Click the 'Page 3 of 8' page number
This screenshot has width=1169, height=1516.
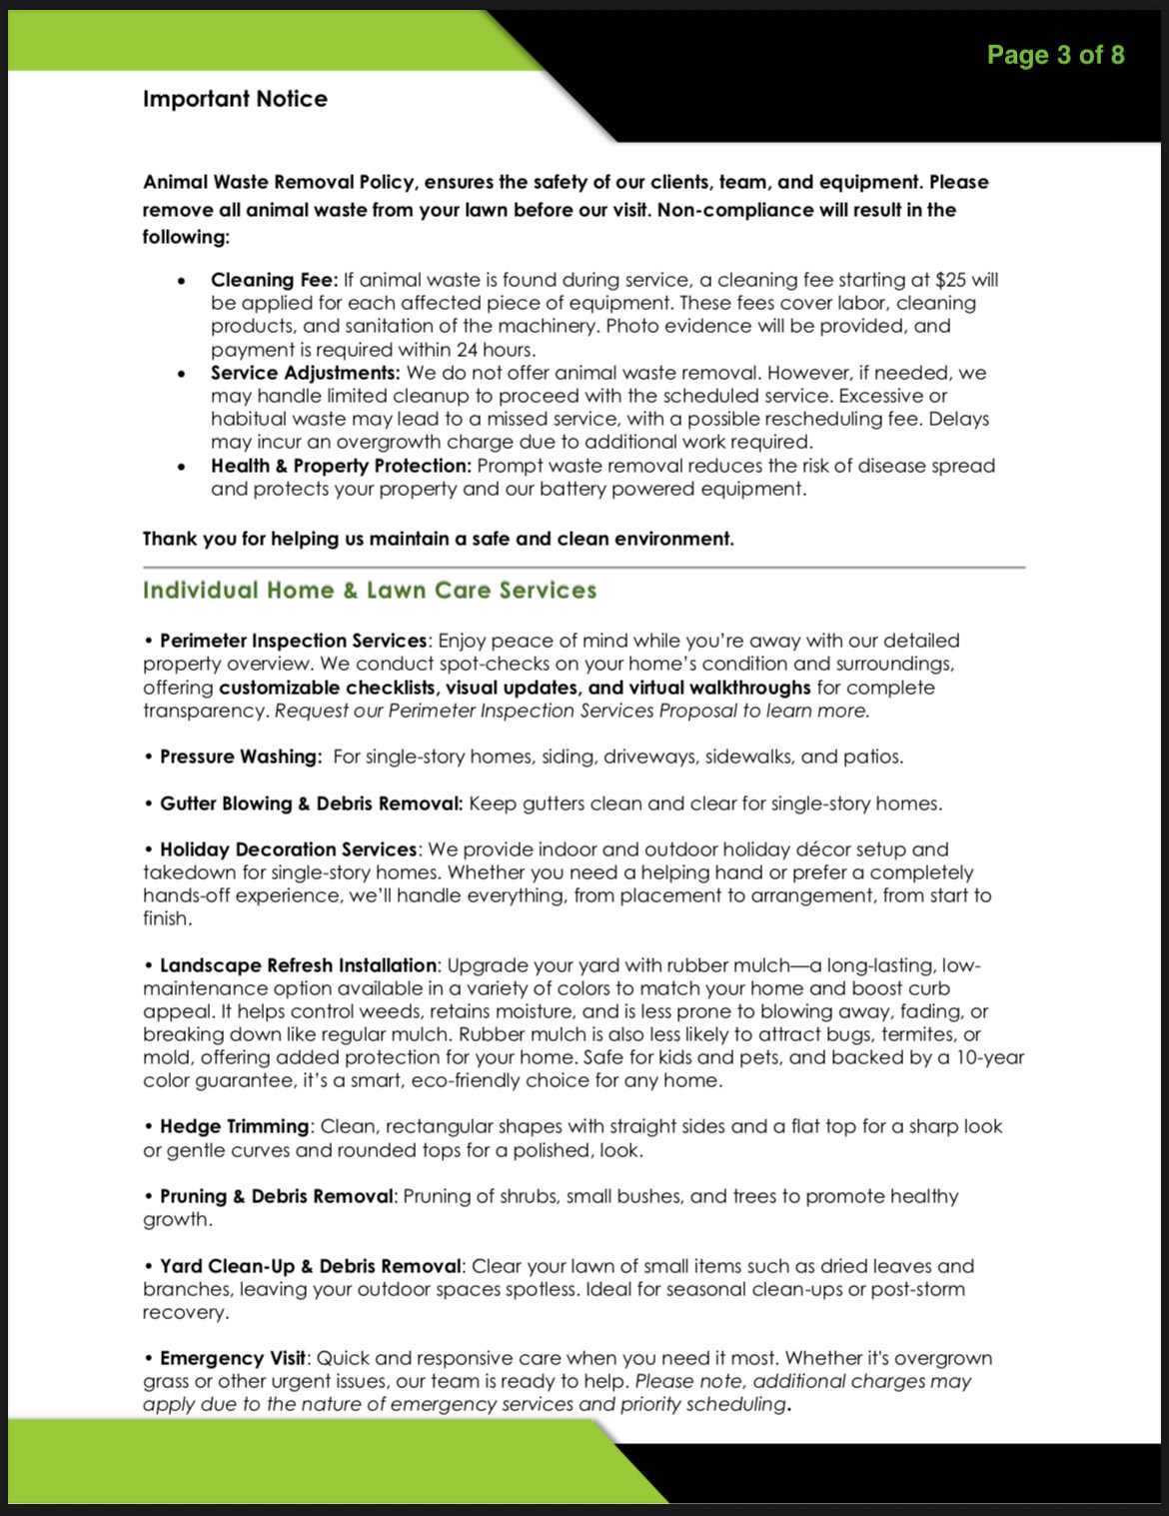(1055, 55)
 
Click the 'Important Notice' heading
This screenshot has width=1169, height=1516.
(235, 99)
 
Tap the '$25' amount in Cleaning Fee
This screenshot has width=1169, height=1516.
(951, 280)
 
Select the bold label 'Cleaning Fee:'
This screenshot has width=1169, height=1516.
(274, 280)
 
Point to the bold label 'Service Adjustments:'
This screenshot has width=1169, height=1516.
(305, 373)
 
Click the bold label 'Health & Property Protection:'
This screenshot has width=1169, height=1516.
(340, 466)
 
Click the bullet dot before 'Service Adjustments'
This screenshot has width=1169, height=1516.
(181, 374)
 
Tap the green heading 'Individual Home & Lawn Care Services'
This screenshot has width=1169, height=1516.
(370, 591)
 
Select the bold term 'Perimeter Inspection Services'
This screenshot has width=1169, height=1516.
(293, 641)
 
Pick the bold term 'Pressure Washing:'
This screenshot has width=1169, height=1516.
(241, 757)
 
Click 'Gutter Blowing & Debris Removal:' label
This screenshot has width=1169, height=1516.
(311, 803)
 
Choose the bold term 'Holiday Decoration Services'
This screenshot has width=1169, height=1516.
(288, 849)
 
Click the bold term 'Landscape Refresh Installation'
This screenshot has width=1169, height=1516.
(298, 965)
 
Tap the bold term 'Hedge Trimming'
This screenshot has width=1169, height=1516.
(234, 1126)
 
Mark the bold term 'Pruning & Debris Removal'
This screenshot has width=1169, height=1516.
(276, 1196)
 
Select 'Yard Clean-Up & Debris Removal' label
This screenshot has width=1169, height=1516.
(310, 1266)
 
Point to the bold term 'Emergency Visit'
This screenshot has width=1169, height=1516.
(233, 1358)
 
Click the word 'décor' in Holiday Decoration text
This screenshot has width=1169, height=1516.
(821, 849)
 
